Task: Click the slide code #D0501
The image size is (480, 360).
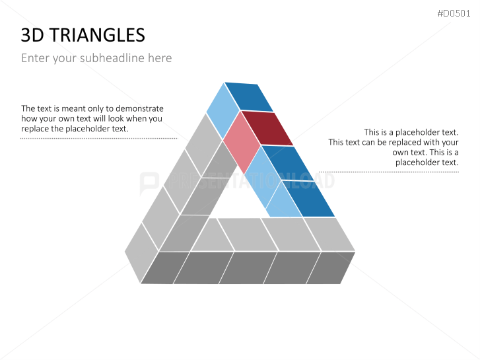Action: point(454,14)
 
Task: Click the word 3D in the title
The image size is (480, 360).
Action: point(34,35)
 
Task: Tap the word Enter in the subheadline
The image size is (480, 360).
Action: point(35,58)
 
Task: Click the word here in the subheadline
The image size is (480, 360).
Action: point(160,58)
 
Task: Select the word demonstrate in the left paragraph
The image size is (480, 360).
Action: point(139,108)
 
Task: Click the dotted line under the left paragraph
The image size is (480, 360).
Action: point(99,139)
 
